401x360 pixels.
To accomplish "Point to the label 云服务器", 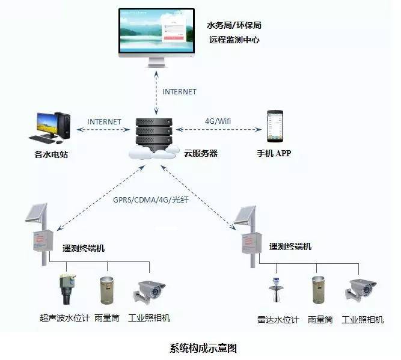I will (x=200, y=154).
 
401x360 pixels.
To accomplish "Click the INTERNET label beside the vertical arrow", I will (x=179, y=92).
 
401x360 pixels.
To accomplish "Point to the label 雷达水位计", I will (x=278, y=320).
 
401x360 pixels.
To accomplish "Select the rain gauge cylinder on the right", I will (x=319, y=291).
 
